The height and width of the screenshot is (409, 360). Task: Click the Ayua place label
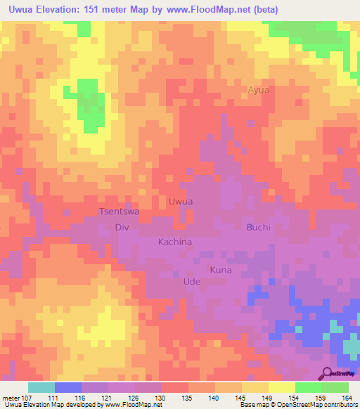[x=259, y=90]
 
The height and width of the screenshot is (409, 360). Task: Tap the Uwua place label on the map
[x=181, y=201]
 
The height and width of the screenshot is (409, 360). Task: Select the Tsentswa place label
[x=119, y=212]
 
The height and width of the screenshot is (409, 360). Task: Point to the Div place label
[x=122, y=227]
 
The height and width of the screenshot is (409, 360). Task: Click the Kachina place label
[x=175, y=242]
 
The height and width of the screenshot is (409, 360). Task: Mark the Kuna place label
[x=221, y=270]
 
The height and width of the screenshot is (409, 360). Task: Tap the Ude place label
[x=192, y=281]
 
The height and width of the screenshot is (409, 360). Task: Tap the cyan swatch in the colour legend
[x=41, y=387]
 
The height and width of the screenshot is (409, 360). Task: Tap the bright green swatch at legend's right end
[x=335, y=387]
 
